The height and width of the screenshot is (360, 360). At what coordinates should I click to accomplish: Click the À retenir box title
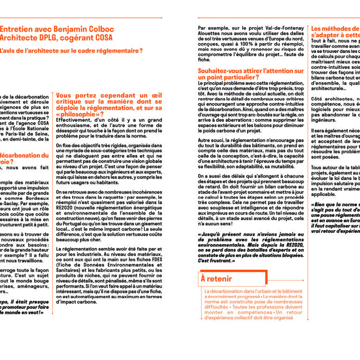(216, 279)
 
